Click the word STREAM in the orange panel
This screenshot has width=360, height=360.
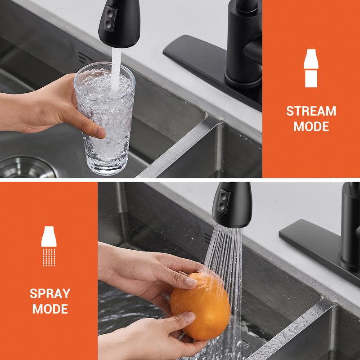311,111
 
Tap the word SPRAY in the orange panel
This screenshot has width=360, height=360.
50,293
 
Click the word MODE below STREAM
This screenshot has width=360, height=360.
311,126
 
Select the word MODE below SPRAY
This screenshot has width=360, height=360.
50,309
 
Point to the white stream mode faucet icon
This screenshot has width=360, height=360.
311,68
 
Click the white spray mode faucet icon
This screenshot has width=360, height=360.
49,246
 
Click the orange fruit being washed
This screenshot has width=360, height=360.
200,306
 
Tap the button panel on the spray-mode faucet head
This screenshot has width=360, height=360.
224,201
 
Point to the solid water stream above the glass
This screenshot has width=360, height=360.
116,69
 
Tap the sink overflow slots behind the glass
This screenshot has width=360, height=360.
85,58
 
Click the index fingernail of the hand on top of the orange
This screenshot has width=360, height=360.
191,283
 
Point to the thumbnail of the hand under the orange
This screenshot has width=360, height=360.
189,317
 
